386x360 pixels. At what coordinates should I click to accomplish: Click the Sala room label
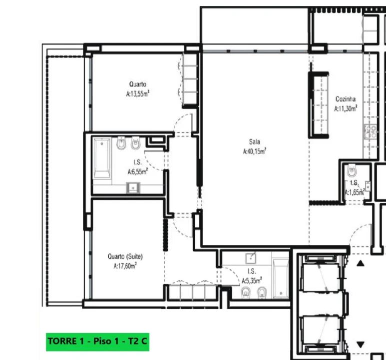pos(254,142)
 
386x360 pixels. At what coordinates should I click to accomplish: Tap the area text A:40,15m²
pos(255,151)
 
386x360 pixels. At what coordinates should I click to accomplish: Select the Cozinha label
pos(346,99)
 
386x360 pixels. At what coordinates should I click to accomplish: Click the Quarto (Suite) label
pos(125,256)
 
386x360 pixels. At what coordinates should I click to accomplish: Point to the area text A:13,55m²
pos(138,93)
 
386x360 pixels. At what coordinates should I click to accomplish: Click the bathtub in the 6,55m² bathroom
pos(102,158)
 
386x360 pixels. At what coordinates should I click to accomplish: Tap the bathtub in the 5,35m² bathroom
pos(281,278)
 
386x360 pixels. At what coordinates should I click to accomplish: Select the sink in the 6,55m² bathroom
pos(133,188)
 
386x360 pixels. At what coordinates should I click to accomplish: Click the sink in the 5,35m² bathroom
pos(251,258)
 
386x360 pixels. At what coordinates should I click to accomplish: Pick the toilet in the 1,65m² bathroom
pos(352,170)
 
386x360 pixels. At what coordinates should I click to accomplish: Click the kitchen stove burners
pos(370,131)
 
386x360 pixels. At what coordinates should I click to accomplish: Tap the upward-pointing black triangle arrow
pos(361,263)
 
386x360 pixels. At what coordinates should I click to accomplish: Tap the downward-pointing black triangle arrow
pos(361,344)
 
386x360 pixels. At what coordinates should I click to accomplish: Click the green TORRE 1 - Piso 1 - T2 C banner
pos(97,342)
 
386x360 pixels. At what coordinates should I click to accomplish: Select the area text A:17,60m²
pos(125,266)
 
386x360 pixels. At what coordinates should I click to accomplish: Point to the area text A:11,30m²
pos(346,108)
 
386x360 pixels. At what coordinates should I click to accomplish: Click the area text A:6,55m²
pos(138,171)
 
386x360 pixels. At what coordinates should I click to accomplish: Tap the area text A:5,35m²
pos(252,280)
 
